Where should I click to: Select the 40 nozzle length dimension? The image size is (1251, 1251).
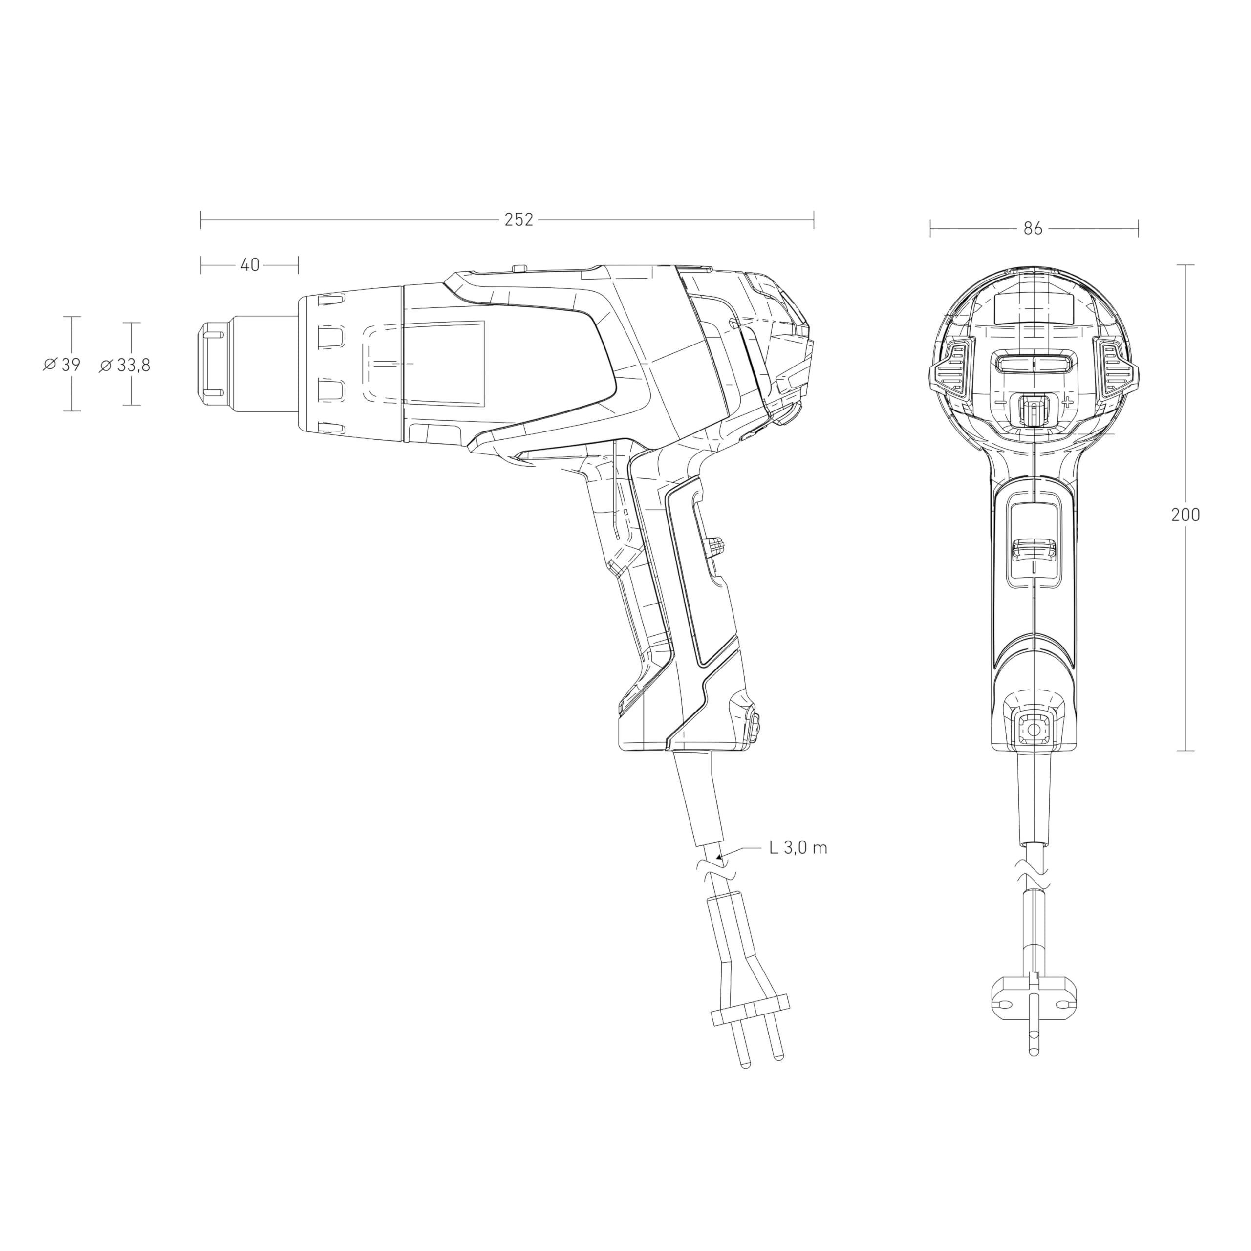(x=250, y=265)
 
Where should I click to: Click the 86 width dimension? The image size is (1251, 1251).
(x=1034, y=229)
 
